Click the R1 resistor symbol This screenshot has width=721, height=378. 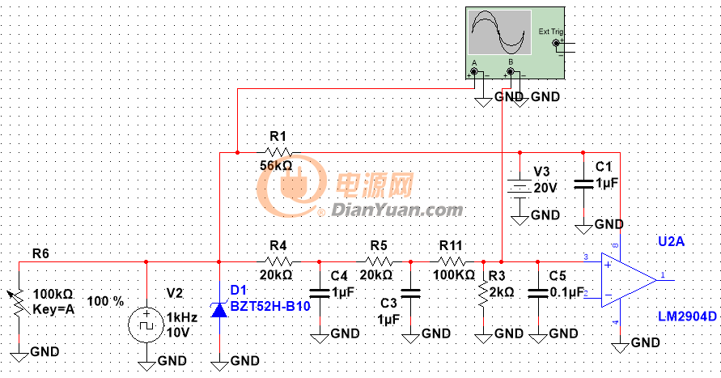[278, 151]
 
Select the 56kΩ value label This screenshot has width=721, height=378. [276, 165]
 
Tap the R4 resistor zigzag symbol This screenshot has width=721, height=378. [278, 261]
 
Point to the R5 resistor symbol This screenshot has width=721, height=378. [378, 261]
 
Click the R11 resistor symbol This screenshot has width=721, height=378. [451, 261]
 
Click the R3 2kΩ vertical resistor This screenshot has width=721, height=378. [482, 295]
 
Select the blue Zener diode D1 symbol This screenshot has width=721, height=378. [219, 309]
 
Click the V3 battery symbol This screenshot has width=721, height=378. [520, 186]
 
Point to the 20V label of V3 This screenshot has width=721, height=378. [545, 187]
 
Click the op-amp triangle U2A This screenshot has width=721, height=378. [627, 279]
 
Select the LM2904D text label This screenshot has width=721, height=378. [685, 316]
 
